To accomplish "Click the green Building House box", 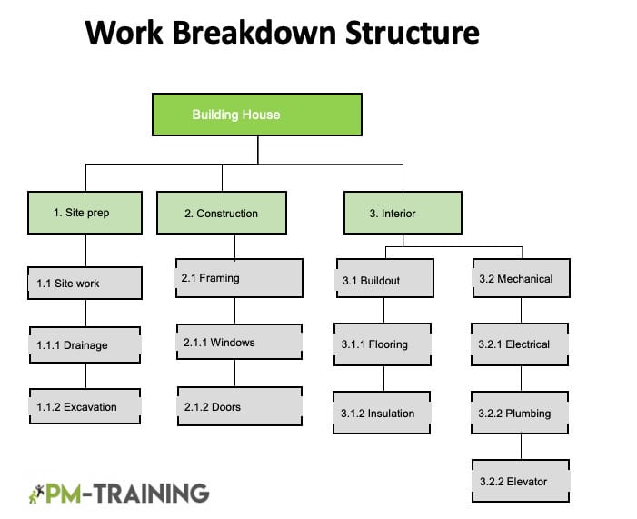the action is (257, 115).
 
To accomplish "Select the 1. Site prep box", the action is (85, 213).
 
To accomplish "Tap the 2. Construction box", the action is (222, 213).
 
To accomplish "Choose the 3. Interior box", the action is (403, 213).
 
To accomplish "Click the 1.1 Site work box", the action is (85, 284).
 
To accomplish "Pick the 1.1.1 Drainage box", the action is (85, 345).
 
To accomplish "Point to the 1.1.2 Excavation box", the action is (85, 406).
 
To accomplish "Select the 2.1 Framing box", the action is (239, 278).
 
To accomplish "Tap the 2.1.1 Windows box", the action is (239, 342).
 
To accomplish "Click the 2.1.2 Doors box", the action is (240, 406).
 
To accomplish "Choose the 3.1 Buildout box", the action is (385, 278).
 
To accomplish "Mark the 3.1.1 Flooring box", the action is (383, 344).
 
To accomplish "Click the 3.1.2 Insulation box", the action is (382, 413).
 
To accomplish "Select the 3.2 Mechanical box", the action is (522, 278).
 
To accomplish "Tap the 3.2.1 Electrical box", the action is (520, 344).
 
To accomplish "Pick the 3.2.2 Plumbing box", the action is (520, 413).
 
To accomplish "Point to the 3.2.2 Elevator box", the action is (521, 481).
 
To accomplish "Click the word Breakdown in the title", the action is (254, 33).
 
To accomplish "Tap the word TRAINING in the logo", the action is (152, 494).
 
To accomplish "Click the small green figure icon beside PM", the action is (36, 494).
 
